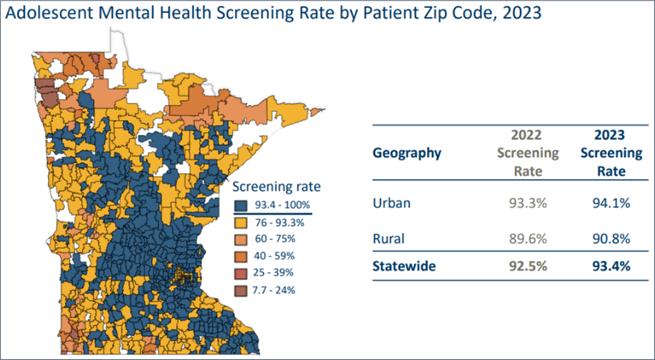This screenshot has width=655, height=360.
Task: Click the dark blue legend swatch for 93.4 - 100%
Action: (243, 205)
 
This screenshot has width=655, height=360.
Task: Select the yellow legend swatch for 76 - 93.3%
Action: (243, 221)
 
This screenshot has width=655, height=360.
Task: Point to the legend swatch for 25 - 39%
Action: (243, 273)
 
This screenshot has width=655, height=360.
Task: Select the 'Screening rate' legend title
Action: (278, 187)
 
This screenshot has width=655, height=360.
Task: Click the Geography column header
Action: (407, 153)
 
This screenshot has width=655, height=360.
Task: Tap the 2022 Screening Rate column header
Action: (528, 153)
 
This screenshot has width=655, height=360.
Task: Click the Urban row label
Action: (392, 203)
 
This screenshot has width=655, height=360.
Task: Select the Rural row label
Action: (389, 238)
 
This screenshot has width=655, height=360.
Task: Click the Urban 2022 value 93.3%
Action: (528, 203)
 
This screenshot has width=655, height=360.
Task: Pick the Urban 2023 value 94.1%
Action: (611, 203)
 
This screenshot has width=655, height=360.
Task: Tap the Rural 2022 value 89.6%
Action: (528, 238)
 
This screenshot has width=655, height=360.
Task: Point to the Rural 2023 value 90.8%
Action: (611, 238)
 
